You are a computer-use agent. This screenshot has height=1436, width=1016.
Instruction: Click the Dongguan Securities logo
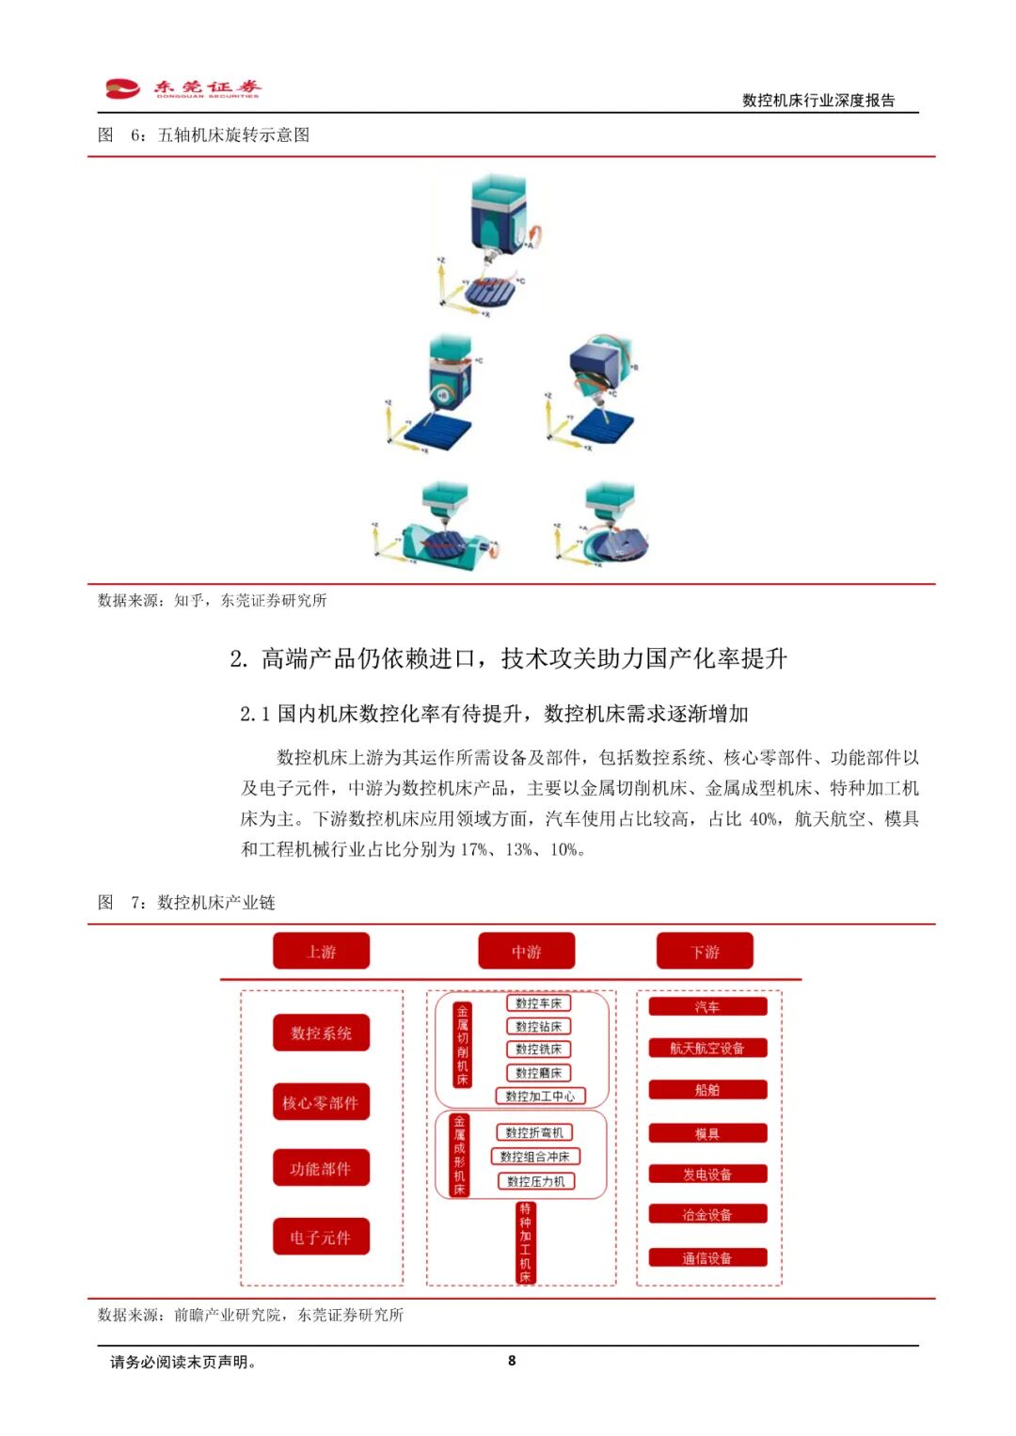pyautogui.click(x=183, y=88)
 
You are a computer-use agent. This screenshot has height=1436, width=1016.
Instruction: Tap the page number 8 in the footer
pyautogui.click(x=512, y=1360)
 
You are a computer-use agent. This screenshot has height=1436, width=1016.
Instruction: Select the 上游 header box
pyautogui.click(x=321, y=952)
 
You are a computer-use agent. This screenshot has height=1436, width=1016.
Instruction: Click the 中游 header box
pyautogui.click(x=526, y=952)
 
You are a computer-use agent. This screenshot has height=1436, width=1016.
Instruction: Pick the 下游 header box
pyautogui.click(x=705, y=952)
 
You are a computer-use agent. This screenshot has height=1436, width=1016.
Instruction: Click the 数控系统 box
pyautogui.click(x=321, y=1033)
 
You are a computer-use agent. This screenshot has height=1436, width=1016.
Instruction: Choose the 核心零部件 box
pyautogui.click(x=321, y=1102)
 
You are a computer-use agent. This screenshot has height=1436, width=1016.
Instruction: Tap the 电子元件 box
pyautogui.click(x=321, y=1237)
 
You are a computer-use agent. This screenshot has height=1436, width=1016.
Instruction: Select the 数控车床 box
pyautogui.click(x=538, y=1003)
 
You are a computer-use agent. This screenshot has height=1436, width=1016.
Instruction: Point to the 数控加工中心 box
pyautogui.click(x=540, y=1096)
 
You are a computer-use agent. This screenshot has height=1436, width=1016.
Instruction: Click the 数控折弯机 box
pyautogui.click(x=534, y=1132)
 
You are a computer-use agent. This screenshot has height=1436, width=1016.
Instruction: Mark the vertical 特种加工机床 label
pyautogui.click(x=525, y=1242)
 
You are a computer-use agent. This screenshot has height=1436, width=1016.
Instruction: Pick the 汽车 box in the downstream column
pyautogui.click(x=707, y=1006)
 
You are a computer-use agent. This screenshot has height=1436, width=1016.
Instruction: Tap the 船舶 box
pyautogui.click(x=707, y=1090)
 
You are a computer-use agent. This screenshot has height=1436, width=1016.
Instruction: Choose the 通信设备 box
pyautogui.click(x=707, y=1257)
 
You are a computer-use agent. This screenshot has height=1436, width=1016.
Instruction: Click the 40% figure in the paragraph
pyautogui.click(x=763, y=819)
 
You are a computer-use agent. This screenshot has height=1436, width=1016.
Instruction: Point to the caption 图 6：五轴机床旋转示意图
pyautogui.click(x=204, y=134)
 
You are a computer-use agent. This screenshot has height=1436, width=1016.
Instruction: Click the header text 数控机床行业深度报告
pyautogui.click(x=818, y=101)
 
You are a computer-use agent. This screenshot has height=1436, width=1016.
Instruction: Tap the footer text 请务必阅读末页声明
pyautogui.click(x=183, y=1361)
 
